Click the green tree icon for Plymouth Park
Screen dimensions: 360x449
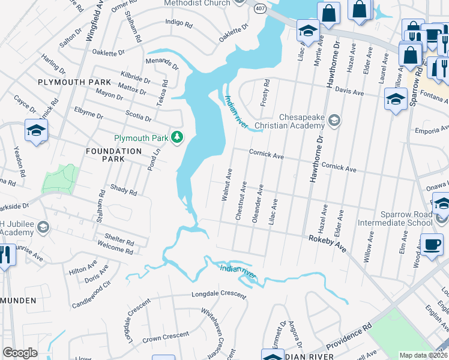(x=176, y=138)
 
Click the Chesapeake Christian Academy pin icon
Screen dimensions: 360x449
(x=334, y=121)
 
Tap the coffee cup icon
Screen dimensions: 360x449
(x=431, y=245)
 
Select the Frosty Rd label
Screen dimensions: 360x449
(x=265, y=93)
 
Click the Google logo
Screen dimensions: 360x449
(x=20, y=353)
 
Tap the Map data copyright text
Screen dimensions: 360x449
(x=423, y=355)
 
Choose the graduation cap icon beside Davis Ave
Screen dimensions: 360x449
(x=396, y=99)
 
